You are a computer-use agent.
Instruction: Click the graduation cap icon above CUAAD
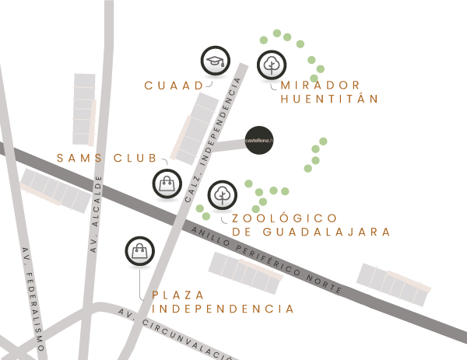click(x=215, y=61)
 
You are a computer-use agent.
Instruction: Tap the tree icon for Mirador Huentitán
click(x=272, y=64)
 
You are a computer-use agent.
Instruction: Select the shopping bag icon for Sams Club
click(x=166, y=183)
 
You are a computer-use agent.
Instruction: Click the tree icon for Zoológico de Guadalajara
click(x=223, y=194)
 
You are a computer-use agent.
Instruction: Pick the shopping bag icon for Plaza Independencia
click(x=139, y=250)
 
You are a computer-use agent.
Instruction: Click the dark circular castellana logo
click(x=259, y=140)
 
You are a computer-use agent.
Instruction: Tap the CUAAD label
click(x=174, y=85)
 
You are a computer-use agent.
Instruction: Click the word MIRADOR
click(x=321, y=85)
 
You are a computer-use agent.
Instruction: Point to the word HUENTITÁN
click(x=329, y=100)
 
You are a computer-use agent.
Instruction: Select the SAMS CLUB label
click(x=107, y=159)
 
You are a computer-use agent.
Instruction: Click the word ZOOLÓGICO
click(x=285, y=218)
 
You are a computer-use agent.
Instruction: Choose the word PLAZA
click(x=179, y=295)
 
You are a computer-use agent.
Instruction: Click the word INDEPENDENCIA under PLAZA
click(x=223, y=309)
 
